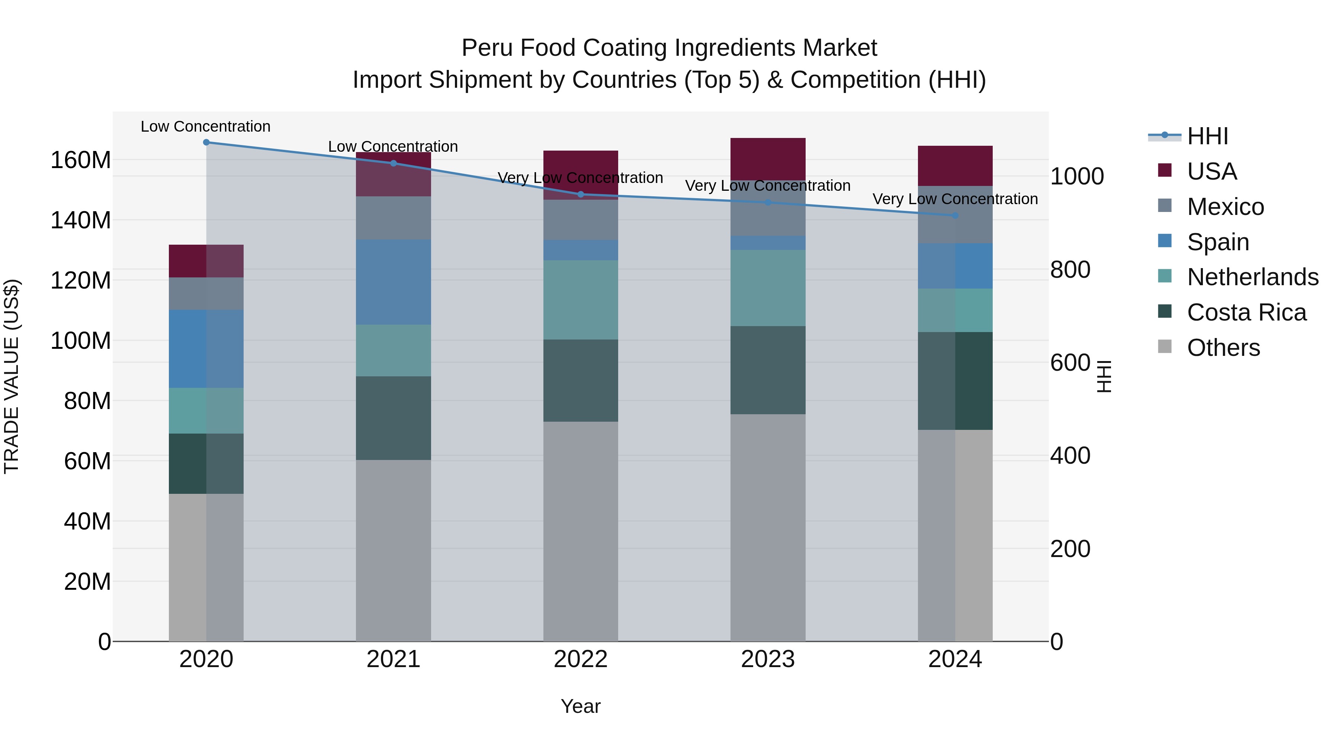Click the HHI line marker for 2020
click(x=206, y=142)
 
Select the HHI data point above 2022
click(x=581, y=195)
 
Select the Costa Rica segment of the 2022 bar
click(x=581, y=380)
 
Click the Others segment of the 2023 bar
click(x=768, y=527)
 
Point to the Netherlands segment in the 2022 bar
click(x=581, y=300)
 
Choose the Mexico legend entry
click(x=1225, y=207)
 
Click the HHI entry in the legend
click(x=1207, y=136)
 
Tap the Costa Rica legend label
click(x=1246, y=313)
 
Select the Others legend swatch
click(x=1165, y=347)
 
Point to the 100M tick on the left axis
click(x=81, y=341)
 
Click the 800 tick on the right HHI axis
click(x=1070, y=270)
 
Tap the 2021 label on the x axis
click(x=394, y=659)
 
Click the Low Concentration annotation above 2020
click(x=205, y=126)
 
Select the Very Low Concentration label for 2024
click(x=955, y=199)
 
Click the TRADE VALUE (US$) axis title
click(x=12, y=376)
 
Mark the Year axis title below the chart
click(x=581, y=706)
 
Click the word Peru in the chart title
click(x=488, y=48)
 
